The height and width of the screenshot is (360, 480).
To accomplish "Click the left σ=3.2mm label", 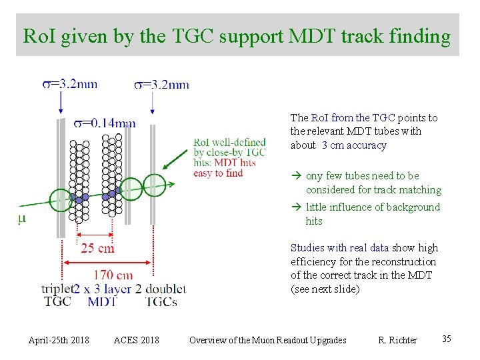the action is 69,84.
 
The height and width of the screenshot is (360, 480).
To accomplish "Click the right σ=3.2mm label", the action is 161,84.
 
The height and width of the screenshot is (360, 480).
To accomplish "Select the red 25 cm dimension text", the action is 97,248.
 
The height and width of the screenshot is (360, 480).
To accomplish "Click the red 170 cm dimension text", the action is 113,275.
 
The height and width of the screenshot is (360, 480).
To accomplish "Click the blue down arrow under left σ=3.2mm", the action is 61,103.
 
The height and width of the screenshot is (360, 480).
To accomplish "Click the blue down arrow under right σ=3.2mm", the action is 153,103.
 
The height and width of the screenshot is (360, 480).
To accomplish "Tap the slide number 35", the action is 447,339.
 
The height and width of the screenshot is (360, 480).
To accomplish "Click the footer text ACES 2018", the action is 137,340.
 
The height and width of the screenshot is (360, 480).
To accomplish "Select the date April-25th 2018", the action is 59,340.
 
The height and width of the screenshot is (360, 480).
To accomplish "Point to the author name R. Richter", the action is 397,340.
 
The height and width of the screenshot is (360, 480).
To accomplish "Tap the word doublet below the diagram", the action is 166,289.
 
